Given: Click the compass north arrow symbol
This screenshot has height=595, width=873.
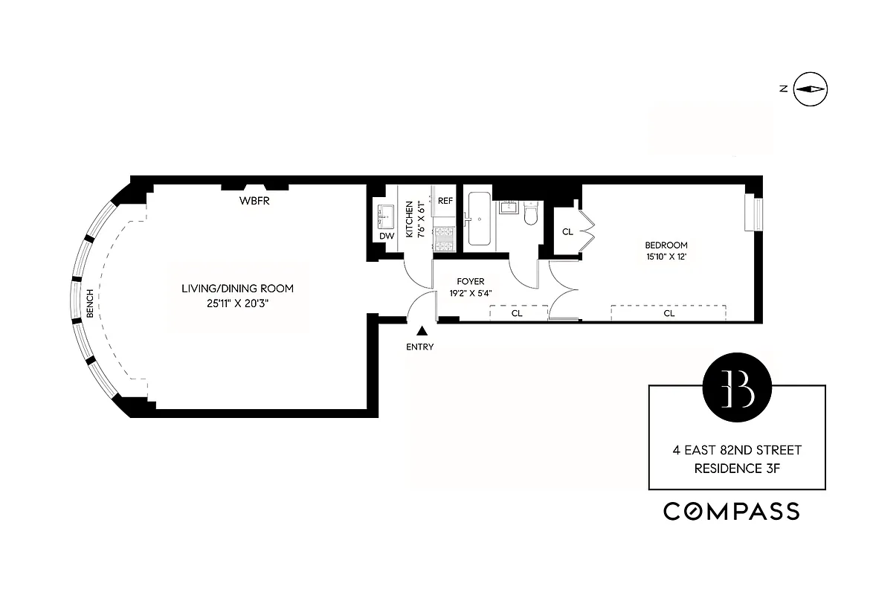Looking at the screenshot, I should (x=811, y=89).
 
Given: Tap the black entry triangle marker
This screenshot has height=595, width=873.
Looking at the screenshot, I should (x=422, y=332).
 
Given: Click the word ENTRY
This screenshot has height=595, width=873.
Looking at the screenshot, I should (x=420, y=347).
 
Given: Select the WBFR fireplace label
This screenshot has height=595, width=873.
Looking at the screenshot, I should (x=253, y=201).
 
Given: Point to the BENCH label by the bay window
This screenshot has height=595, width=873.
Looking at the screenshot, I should (x=90, y=303).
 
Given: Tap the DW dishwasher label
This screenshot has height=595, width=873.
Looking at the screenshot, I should (x=386, y=236).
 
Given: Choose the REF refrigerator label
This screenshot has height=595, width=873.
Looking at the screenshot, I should (x=445, y=201).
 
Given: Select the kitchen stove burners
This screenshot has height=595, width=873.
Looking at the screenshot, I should (x=445, y=238).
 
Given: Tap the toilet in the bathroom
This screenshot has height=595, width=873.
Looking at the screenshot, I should (x=530, y=214).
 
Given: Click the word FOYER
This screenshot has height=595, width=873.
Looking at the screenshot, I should (x=471, y=282).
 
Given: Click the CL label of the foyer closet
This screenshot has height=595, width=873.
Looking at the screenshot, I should (x=517, y=314).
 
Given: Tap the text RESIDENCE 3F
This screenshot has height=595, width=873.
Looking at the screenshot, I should (x=737, y=469).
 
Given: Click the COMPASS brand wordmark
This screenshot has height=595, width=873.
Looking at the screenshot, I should (x=732, y=511).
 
